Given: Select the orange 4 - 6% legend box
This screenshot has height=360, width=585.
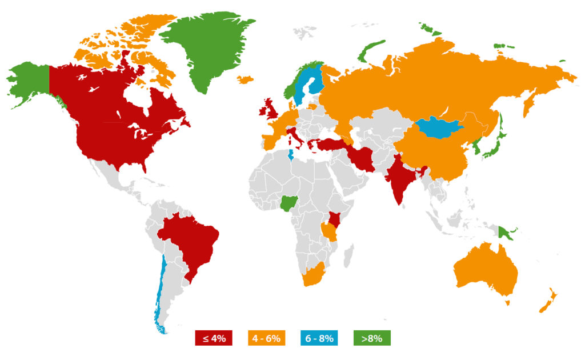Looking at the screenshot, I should pyautogui.click(x=265, y=338).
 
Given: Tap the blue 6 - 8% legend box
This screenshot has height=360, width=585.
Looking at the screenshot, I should pyautogui.click(x=319, y=338).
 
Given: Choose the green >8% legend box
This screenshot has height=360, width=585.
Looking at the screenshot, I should pyautogui.click(x=372, y=338).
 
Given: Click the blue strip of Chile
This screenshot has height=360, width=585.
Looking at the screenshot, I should pyautogui.click(x=161, y=286).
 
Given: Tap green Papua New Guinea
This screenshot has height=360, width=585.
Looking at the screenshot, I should pyautogui.click(x=505, y=233).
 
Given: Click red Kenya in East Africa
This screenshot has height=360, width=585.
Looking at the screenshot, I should pyautogui.click(x=333, y=218).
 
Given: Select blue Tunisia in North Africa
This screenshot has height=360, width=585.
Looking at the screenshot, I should pyautogui.click(x=291, y=155).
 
